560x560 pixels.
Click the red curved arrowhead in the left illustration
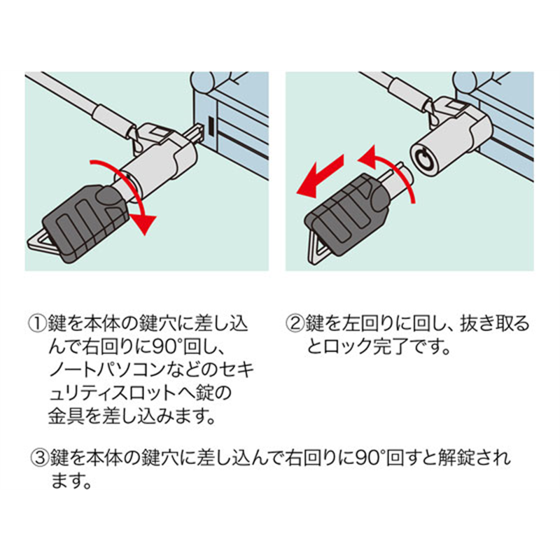[x=145, y=223]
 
